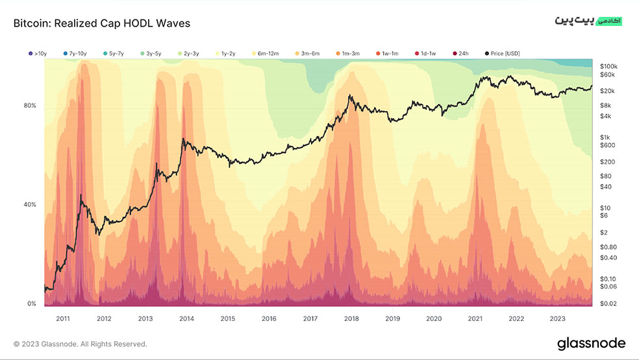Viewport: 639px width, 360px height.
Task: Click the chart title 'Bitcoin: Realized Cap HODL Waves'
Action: (102, 23)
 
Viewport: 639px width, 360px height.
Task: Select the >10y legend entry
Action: (38, 53)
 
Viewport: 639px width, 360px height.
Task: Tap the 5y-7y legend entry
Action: (114, 53)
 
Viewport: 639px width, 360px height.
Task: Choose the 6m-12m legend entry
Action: (266, 53)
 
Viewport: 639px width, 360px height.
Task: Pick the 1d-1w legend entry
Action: (425, 53)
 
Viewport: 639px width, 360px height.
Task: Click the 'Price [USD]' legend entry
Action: (503, 53)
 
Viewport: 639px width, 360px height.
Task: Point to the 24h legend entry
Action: (461, 53)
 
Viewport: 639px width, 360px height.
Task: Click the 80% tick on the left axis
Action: (30, 105)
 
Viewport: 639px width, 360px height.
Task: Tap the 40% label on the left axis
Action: (30, 205)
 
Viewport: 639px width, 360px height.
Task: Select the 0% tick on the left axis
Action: (31, 303)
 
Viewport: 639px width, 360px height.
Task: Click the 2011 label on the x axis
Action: (63, 319)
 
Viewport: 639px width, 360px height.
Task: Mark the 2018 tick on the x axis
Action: (351, 319)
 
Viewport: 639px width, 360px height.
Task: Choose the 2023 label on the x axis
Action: (557, 319)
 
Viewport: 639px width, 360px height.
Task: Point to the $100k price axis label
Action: (609, 66)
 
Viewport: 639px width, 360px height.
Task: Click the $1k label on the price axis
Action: (605, 137)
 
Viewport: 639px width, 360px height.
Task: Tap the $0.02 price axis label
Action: (608, 303)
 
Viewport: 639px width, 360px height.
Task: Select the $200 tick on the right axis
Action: (607, 162)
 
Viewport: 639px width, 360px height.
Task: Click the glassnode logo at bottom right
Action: (592, 344)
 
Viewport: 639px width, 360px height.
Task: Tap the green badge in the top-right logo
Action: (609, 21)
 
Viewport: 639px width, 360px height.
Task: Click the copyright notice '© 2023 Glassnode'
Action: (81, 344)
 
